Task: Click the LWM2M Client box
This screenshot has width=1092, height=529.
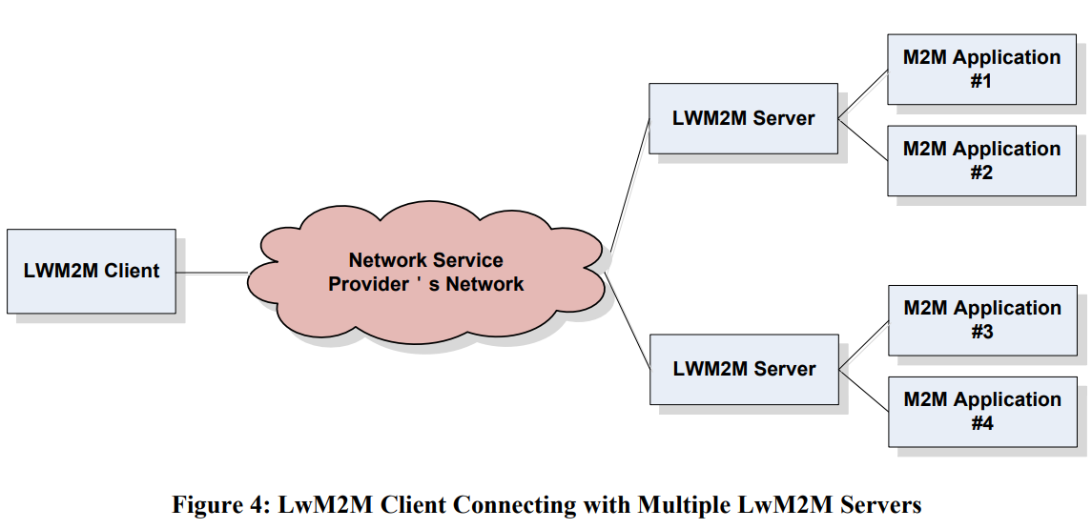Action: [x=92, y=271]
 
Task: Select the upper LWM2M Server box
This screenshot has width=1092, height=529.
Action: [x=744, y=118]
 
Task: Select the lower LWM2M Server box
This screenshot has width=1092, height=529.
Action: [x=744, y=369]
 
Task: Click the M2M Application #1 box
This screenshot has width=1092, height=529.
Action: [x=981, y=69]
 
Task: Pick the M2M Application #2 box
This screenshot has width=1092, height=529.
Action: [x=981, y=160]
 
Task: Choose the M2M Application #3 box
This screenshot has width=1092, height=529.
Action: [x=981, y=319]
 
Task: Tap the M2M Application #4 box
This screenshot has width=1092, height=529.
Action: [x=981, y=411]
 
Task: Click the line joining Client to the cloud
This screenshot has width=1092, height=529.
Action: [x=212, y=274]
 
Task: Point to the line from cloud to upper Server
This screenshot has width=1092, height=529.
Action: [x=629, y=185]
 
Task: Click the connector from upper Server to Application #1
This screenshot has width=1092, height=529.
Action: [x=863, y=94]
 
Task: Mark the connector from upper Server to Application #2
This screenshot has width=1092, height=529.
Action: [x=863, y=140]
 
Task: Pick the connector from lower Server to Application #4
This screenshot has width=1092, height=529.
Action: [x=864, y=391]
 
